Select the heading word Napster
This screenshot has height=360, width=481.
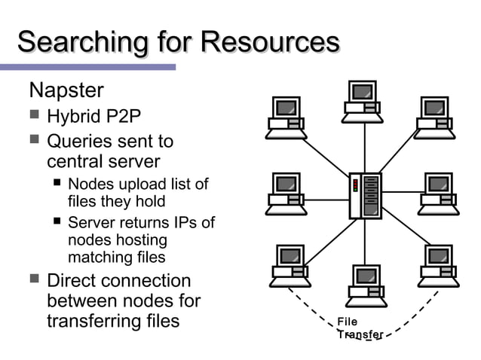coord(66,91)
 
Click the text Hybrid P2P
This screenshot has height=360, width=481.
coord(93,117)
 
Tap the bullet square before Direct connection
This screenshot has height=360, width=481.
coord(34,279)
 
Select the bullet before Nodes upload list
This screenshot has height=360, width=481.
coord(57,183)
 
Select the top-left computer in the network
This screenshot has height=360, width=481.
coord(286,117)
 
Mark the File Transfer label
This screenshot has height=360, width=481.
coord(360,328)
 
